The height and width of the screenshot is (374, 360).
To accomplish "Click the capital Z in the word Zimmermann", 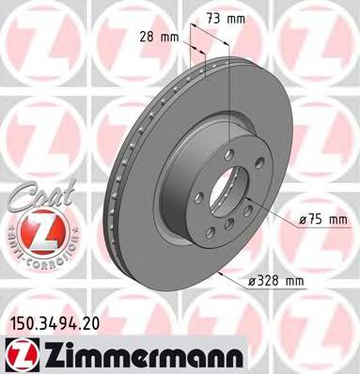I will [43, 352].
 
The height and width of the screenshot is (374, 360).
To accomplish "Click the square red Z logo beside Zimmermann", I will [16, 351].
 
